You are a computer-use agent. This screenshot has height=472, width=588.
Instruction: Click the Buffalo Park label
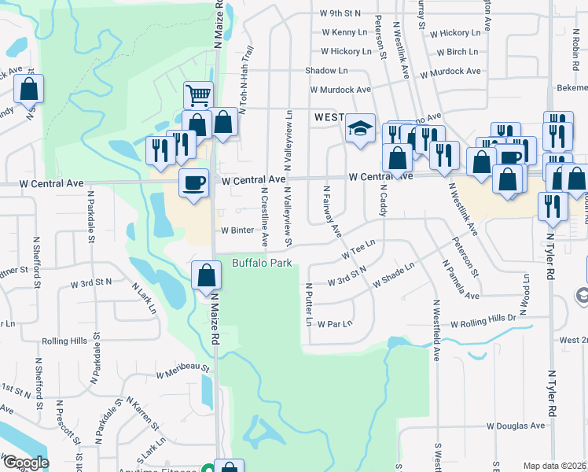tap(262, 262)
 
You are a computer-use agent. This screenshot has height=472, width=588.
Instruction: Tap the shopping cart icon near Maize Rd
tap(199, 95)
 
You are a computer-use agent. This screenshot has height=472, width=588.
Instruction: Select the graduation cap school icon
tap(360, 128)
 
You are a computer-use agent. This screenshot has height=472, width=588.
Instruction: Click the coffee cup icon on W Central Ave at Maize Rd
tap(193, 183)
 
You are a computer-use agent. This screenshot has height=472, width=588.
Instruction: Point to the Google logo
tap(25, 463)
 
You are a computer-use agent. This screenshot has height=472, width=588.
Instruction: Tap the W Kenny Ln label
tap(346, 33)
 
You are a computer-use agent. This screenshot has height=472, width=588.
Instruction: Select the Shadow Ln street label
tap(326, 71)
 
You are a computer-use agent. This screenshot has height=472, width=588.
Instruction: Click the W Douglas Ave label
tap(515, 426)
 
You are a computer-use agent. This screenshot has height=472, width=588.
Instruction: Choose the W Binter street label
tap(237, 230)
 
